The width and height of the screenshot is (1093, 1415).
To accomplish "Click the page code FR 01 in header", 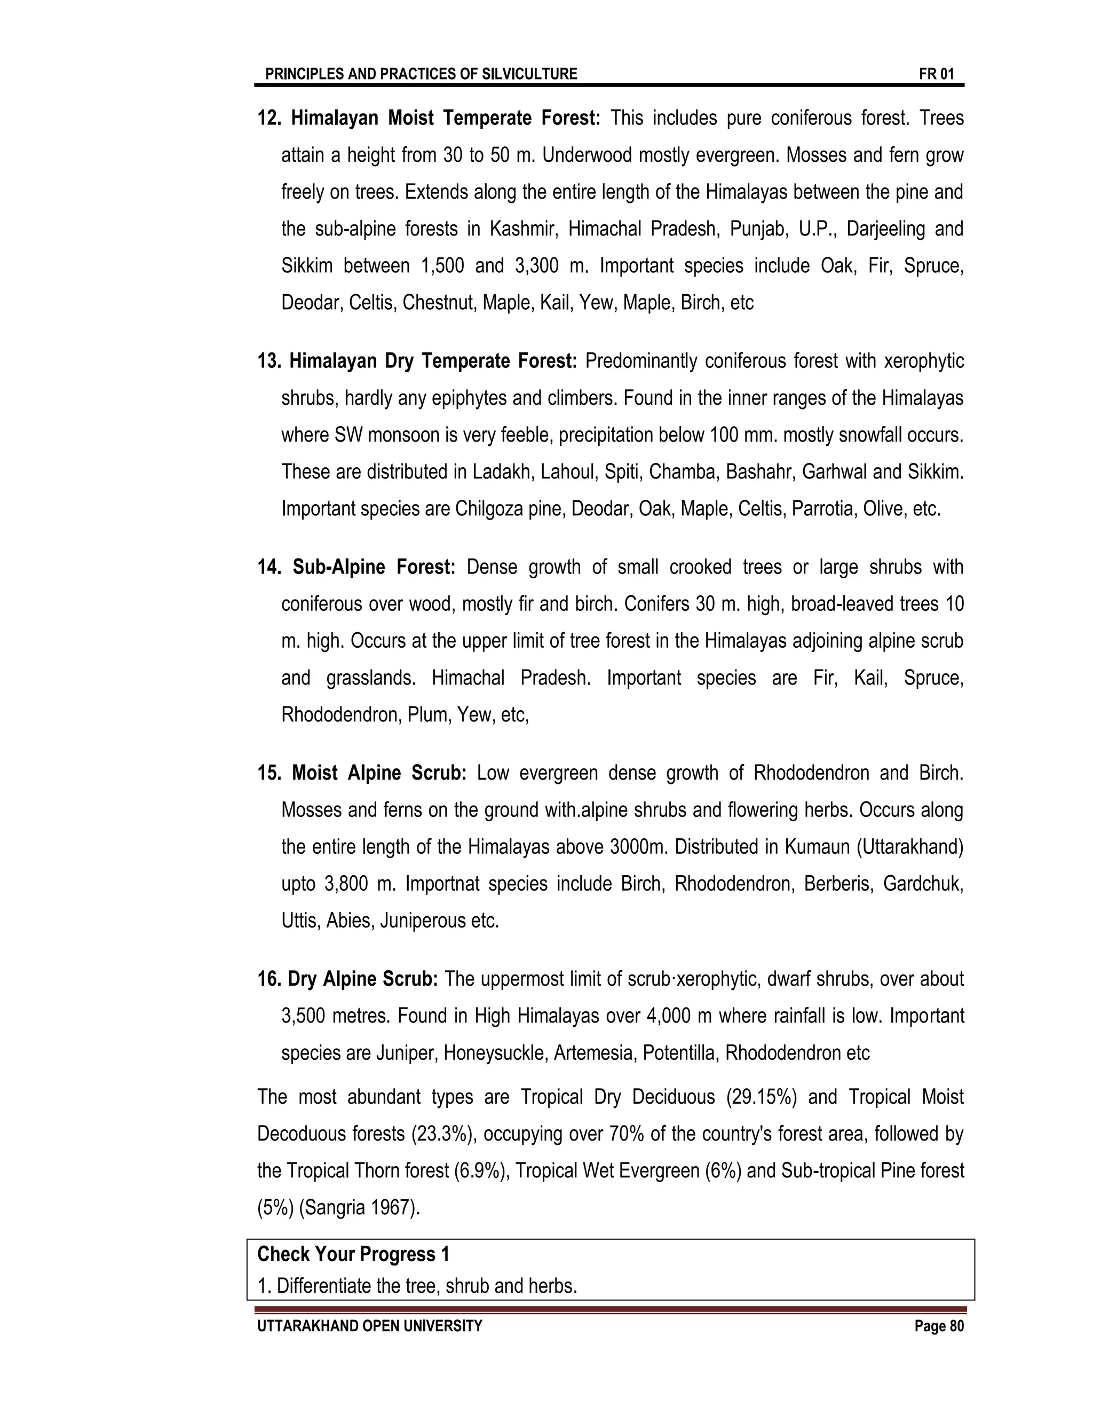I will (936, 74).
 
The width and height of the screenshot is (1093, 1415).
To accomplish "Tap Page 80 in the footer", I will (939, 1326).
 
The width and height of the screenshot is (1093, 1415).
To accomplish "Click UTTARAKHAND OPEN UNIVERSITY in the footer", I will (370, 1326).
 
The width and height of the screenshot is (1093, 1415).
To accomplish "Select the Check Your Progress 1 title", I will (353, 1254).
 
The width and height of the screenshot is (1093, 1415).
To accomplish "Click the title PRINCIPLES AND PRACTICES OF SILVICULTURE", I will (421, 74).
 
